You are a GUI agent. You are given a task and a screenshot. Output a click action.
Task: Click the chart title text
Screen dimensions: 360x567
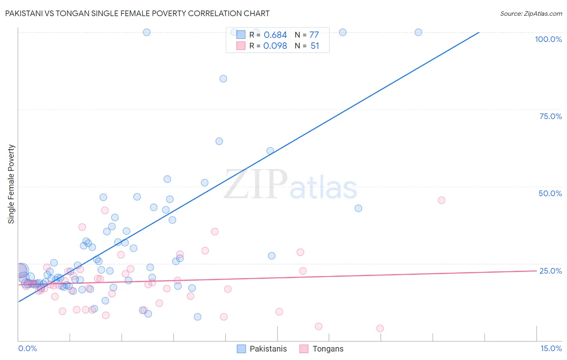click(137, 13)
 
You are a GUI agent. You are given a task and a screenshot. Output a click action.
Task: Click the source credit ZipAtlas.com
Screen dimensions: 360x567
click(531, 13)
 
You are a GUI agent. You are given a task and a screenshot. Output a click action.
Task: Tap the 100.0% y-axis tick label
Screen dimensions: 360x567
click(548, 39)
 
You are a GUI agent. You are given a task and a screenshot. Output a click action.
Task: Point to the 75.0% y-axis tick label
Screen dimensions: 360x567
click(550, 116)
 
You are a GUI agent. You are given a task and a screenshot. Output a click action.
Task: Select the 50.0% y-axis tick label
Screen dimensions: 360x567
click(550, 193)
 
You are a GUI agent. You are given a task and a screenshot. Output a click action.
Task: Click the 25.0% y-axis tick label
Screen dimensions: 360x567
click(550, 271)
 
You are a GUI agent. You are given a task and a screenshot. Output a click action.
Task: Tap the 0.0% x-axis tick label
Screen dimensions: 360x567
click(27, 348)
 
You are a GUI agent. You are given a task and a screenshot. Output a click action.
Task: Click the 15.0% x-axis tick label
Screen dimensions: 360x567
click(551, 348)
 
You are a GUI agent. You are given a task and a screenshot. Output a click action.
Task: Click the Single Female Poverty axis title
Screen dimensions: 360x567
click(11, 184)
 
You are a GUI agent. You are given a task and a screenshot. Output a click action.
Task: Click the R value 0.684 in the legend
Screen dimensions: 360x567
click(275, 35)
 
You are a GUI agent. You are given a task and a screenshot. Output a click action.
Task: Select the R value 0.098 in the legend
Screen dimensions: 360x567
click(275, 46)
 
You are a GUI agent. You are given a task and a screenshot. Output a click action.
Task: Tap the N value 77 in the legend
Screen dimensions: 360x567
click(314, 35)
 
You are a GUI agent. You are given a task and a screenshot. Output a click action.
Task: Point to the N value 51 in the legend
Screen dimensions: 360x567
click(315, 46)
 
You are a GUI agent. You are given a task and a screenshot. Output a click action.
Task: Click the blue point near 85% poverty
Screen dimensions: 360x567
click(223, 79)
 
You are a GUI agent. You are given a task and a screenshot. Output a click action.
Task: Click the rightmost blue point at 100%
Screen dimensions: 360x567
click(418, 32)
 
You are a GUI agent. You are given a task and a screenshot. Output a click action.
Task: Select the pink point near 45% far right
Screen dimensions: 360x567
click(441, 200)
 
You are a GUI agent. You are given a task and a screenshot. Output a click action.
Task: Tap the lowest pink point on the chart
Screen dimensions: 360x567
click(380, 329)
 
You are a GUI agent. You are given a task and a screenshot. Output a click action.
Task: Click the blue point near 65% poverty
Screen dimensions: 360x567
click(219, 141)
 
